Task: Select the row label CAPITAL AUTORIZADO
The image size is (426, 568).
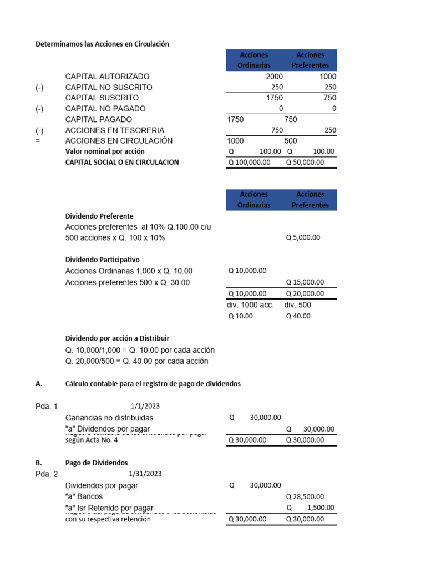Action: (107, 77)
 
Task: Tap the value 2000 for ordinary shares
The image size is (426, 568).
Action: (274, 77)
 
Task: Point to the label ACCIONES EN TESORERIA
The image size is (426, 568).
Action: (111, 130)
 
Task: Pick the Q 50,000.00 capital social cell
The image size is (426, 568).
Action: (305, 163)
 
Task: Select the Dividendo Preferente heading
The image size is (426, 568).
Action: (99, 216)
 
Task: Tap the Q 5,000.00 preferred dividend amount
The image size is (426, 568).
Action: (303, 237)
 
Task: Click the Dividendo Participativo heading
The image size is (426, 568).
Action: (103, 260)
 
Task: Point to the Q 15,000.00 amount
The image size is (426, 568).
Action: (305, 282)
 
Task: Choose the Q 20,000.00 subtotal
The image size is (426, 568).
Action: (305, 294)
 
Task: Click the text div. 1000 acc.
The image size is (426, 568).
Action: (250, 305)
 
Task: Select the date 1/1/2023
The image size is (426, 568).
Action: (145, 406)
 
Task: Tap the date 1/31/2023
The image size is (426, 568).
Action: (145, 474)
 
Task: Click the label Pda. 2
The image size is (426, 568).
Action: (46, 474)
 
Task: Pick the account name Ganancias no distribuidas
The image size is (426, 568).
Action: (109, 418)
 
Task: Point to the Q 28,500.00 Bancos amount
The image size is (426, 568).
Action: (305, 497)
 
